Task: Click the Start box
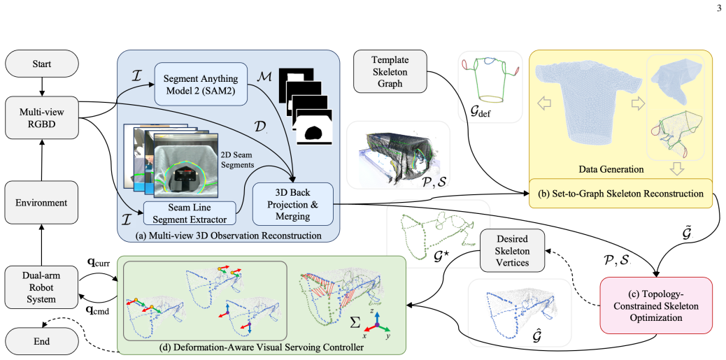point(42,64)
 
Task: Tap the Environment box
point(42,202)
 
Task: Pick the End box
point(42,342)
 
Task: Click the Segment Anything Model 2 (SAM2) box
point(200,82)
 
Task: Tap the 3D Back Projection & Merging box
point(292,203)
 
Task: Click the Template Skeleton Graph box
point(390,71)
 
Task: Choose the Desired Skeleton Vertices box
point(511,250)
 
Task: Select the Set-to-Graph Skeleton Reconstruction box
point(622,194)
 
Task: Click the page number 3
point(718,7)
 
